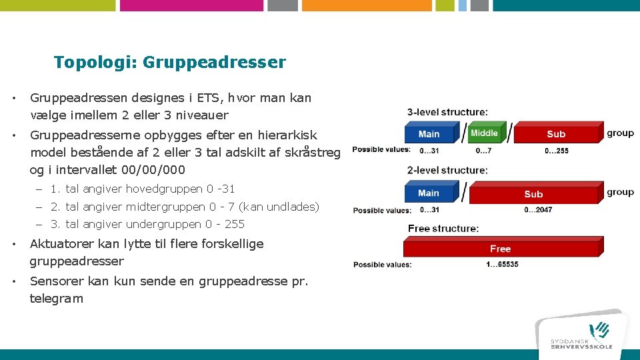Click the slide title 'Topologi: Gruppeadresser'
point(169,63)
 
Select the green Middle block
point(484,133)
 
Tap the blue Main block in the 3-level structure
point(429,134)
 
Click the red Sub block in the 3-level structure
point(556,134)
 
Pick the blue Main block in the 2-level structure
point(429,193)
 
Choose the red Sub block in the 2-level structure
point(533,194)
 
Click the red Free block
point(500,249)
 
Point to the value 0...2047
point(537,210)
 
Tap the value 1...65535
point(502,265)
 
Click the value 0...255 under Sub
point(557,151)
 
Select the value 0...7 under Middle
point(483,151)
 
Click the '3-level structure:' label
point(447,111)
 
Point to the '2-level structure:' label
point(447,171)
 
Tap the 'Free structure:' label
point(443,229)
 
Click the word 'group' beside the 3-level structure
point(620,133)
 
